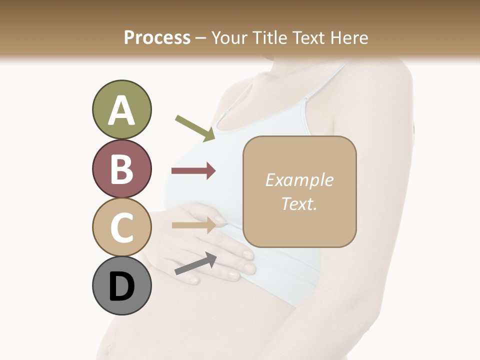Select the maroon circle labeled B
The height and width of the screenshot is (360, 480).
[121, 168]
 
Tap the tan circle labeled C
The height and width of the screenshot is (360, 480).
[121, 227]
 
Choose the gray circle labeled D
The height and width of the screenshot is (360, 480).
[121, 286]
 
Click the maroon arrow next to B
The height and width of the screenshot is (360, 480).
[193, 171]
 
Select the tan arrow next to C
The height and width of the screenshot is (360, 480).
[193, 225]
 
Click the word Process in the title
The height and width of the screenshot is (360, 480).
[157, 37]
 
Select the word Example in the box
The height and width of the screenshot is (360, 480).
[299, 180]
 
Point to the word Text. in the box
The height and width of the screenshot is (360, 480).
[299, 203]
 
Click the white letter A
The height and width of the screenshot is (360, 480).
[121, 111]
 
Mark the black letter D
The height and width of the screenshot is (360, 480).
[121, 287]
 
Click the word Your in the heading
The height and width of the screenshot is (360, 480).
[229, 37]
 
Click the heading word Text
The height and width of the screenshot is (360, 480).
[309, 37]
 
